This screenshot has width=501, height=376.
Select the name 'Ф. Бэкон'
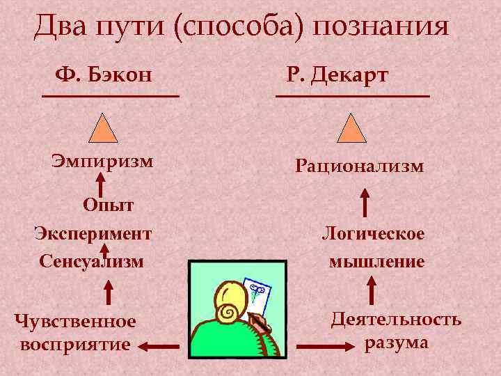point(104,74)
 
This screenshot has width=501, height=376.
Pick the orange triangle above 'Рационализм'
point(351,129)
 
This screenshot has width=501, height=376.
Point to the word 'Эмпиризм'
point(102,162)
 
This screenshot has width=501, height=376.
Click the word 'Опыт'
point(108,205)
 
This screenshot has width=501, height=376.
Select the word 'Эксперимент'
point(93,233)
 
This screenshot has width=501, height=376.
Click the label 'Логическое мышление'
point(374,247)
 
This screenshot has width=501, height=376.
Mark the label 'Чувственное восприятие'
point(75,332)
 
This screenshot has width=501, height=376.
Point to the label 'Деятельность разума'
point(395,331)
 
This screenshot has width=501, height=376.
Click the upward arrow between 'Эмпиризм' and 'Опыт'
point(101,185)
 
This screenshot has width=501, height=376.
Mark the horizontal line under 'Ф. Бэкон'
point(111,95)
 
